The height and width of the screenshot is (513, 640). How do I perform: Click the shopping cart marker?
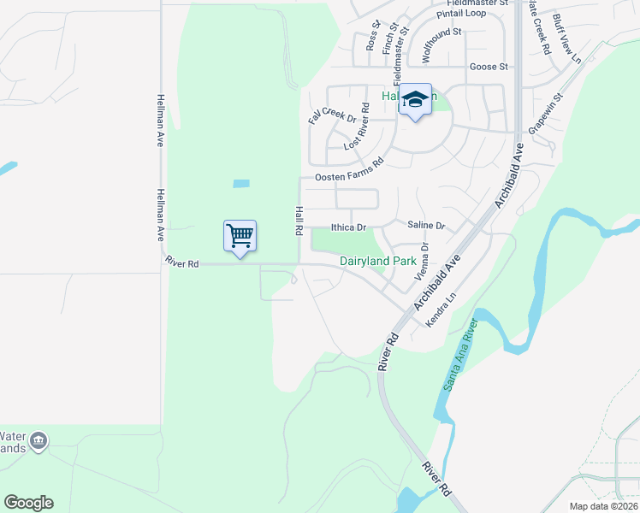[240, 236]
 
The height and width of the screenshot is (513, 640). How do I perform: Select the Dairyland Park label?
[377, 261]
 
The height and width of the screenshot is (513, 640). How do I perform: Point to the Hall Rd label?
[299, 221]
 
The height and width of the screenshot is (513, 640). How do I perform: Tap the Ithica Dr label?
[348, 227]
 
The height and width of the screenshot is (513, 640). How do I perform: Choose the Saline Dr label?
[426, 226]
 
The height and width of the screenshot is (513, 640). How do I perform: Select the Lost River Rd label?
[356, 127]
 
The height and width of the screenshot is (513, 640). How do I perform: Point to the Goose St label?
[489, 67]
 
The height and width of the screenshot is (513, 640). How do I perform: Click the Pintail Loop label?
[461, 15]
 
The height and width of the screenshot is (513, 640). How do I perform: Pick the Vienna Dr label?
[421, 261]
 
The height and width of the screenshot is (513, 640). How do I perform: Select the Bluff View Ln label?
[566, 38]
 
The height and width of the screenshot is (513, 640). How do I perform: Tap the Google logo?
[28, 503]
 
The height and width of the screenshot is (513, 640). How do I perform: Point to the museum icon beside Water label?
[38, 441]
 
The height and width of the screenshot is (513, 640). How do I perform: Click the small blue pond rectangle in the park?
[241, 184]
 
